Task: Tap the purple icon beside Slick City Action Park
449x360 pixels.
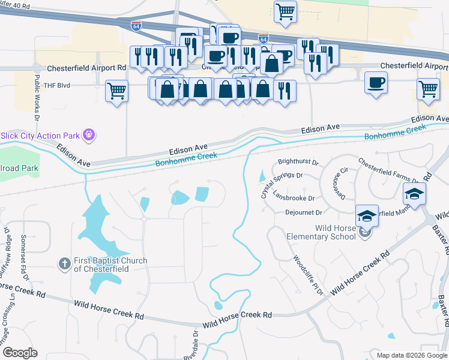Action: click(89, 134)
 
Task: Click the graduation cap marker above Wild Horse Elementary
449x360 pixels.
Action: click(367, 215)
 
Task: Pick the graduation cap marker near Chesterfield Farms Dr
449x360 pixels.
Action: click(414, 194)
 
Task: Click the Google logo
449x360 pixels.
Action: click(20, 353)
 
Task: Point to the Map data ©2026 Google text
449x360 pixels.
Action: click(412, 355)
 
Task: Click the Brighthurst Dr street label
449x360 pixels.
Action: click(298, 163)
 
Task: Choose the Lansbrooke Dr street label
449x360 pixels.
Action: click(294, 198)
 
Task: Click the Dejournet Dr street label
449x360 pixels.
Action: click(304, 212)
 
